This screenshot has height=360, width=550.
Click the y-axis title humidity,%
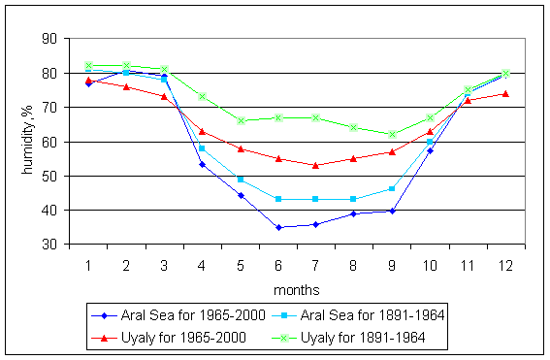[x=28, y=141]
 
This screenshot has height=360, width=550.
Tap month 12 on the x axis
[x=505, y=262]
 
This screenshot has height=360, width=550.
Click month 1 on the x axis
[x=88, y=262]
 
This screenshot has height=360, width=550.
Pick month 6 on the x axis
[x=278, y=262]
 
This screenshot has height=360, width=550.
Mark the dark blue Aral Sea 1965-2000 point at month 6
[x=278, y=227]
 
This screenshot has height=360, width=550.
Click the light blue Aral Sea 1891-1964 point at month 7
[x=316, y=199]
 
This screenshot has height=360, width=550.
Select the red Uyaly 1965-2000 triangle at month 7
[x=316, y=165]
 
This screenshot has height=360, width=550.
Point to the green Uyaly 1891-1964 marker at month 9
[x=392, y=134]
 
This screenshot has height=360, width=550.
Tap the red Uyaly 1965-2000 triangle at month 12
[x=505, y=93]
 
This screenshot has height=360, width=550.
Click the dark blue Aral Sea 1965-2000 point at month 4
[x=203, y=164]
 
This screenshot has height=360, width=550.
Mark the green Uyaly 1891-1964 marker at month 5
[x=241, y=120]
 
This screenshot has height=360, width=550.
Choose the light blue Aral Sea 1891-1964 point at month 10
[x=430, y=142]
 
